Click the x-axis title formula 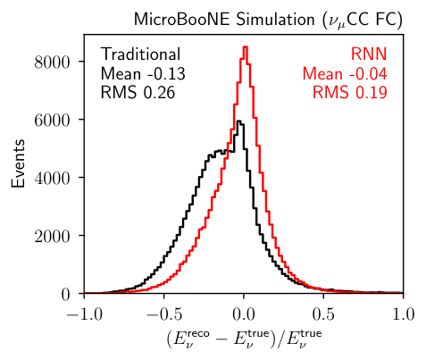tap(244, 340)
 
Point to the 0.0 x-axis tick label tap(244, 314)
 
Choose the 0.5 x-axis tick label tap(323, 314)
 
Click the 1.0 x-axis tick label tap(404, 314)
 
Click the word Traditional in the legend tap(140, 54)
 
